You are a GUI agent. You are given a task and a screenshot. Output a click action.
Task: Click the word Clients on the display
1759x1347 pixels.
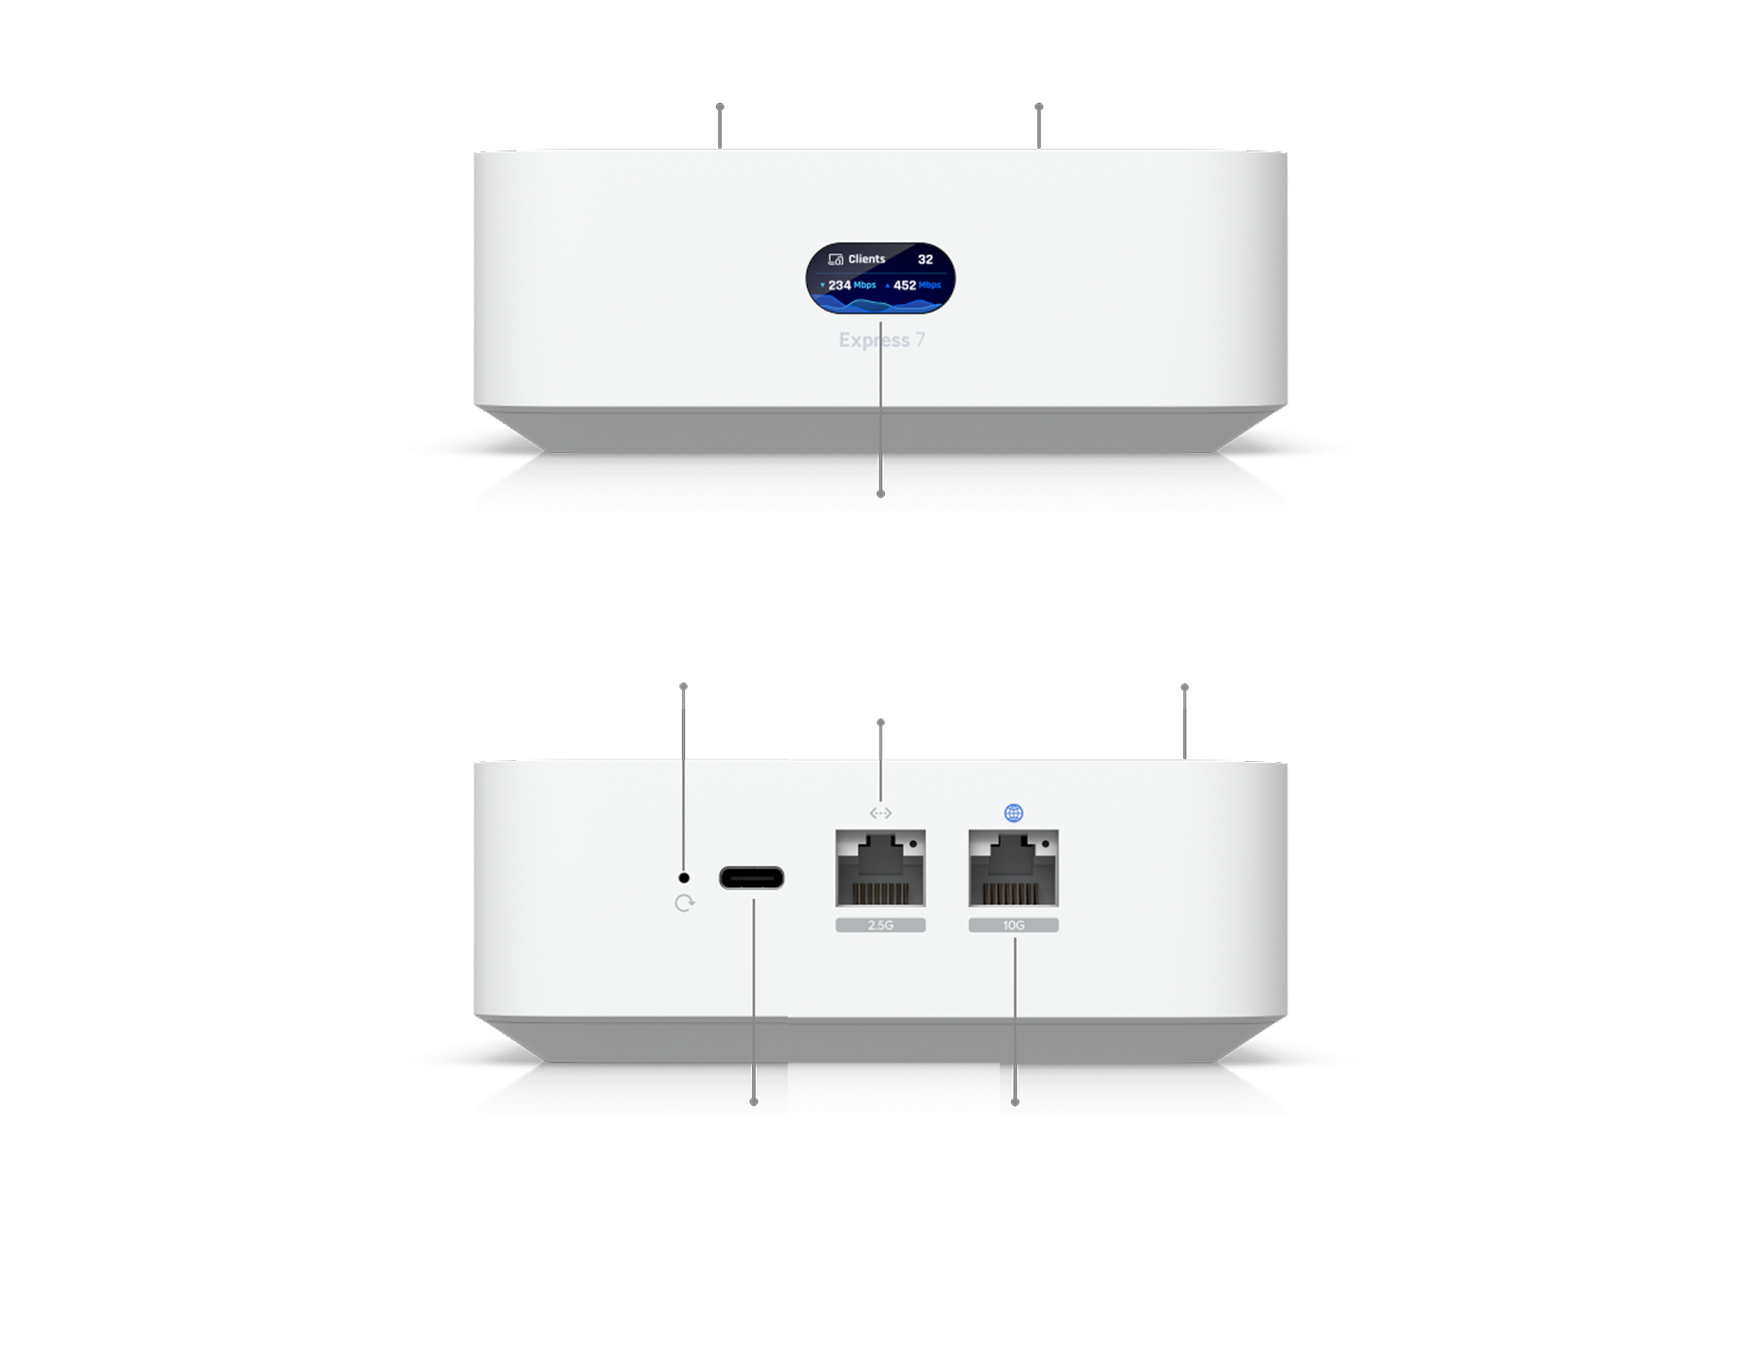866,259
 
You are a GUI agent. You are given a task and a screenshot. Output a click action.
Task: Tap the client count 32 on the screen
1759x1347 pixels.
925,260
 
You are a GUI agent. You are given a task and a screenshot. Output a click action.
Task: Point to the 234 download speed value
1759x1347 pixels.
839,286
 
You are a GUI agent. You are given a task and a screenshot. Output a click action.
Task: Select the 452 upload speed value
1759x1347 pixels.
904,286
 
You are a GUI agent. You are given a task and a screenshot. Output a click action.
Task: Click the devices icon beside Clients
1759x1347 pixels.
835,260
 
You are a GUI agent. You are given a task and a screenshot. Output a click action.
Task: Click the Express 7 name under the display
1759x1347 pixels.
881,341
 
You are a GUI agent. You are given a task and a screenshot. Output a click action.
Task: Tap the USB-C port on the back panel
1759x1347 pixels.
751,878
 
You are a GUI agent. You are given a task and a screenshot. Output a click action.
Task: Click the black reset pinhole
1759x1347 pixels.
683,878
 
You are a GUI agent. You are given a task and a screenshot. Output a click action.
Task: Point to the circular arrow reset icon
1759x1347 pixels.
684,904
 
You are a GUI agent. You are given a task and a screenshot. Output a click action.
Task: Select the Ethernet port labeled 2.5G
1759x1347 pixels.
880,868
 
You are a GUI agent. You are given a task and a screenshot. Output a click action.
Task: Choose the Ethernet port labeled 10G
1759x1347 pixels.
1014,868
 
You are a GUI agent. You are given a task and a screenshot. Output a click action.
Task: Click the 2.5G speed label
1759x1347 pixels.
880,926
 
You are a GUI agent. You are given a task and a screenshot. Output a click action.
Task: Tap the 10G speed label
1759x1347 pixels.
1014,926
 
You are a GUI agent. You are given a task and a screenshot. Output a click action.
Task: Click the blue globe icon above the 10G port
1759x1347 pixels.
1014,813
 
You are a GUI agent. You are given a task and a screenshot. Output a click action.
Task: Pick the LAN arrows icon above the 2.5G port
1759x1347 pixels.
880,813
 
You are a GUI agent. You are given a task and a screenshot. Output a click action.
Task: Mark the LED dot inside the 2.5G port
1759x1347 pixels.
912,843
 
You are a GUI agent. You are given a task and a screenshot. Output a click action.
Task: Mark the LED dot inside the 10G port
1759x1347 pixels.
1045,843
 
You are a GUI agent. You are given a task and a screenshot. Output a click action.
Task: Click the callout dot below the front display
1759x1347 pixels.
880,494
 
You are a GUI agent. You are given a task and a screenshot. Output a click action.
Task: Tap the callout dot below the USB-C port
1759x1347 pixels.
754,1102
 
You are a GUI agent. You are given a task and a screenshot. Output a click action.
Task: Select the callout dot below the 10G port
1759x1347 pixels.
1014,1102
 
